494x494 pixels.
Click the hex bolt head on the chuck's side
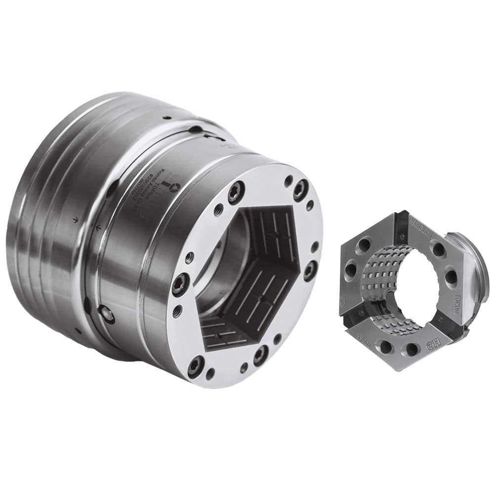(106, 314)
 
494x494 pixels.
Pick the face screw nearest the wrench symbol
(236, 192)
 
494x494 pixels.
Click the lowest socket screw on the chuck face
(196, 366)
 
